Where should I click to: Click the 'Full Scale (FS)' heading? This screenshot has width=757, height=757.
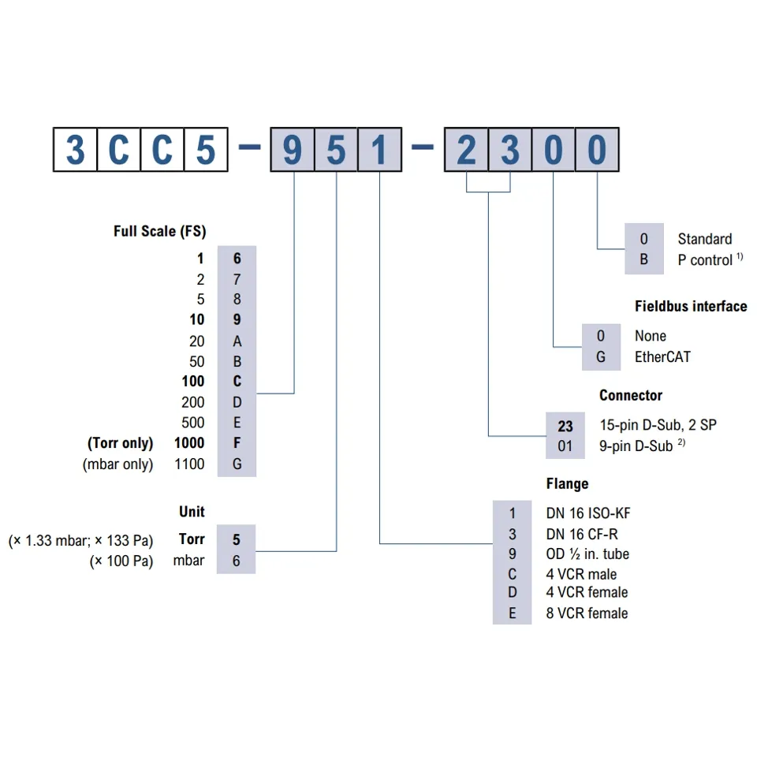[159, 232]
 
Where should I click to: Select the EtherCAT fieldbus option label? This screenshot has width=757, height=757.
[662, 356]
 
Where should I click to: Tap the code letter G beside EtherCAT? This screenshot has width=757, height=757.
[601, 356]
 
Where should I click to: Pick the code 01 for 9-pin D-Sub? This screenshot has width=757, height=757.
[565, 446]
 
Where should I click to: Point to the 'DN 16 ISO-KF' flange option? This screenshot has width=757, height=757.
[588, 513]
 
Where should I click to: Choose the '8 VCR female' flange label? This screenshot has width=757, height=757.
[587, 613]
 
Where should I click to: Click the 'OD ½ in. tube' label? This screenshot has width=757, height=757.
[587, 554]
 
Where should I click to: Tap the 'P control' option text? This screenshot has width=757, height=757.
[705, 260]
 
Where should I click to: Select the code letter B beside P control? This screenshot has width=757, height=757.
[644, 259]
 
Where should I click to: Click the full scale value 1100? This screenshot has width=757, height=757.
[189, 464]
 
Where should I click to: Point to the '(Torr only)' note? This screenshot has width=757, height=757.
[118, 443]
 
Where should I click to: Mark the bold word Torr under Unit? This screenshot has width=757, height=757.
[192, 539]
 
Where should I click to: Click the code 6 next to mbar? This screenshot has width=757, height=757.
[237, 561]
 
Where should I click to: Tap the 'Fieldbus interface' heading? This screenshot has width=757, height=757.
[691, 306]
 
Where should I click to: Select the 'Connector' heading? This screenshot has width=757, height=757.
[631, 395]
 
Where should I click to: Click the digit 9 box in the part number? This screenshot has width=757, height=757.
[293, 150]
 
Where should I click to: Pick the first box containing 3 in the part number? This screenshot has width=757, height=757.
[75, 150]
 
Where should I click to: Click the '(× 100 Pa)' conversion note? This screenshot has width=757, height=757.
[121, 561]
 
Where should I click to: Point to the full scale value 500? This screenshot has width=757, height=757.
[192, 423]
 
